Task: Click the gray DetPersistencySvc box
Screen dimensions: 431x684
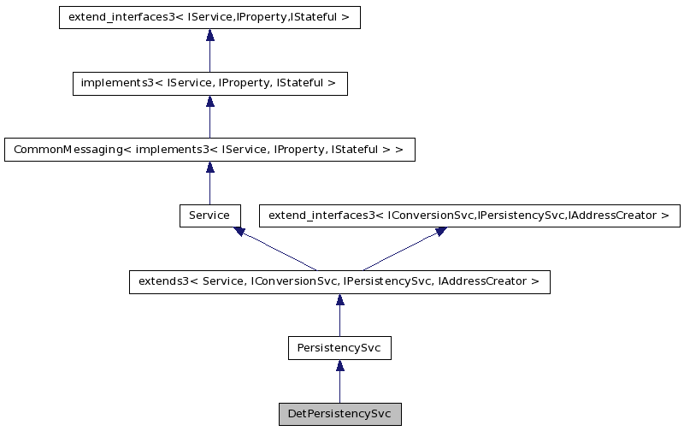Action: [339, 414]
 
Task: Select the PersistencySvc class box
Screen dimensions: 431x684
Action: [339, 348]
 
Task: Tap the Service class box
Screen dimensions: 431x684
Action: [209, 215]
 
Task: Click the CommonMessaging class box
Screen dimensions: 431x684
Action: [209, 150]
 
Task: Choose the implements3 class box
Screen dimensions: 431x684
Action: [209, 84]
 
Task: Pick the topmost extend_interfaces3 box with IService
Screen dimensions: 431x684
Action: [209, 18]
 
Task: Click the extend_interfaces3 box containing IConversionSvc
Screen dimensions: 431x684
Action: [469, 215]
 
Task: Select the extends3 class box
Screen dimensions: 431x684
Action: [339, 282]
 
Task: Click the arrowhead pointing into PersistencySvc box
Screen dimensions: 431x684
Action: [339, 366]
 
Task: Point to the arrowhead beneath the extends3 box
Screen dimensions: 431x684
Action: [339, 300]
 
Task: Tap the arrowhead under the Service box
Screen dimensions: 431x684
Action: [240, 231]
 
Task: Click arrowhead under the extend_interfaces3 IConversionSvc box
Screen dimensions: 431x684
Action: [440, 231]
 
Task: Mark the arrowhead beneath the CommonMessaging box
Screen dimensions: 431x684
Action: [209, 168]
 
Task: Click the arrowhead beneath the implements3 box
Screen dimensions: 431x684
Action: [209, 102]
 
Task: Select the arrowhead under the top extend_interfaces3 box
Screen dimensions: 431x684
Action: [209, 36]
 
